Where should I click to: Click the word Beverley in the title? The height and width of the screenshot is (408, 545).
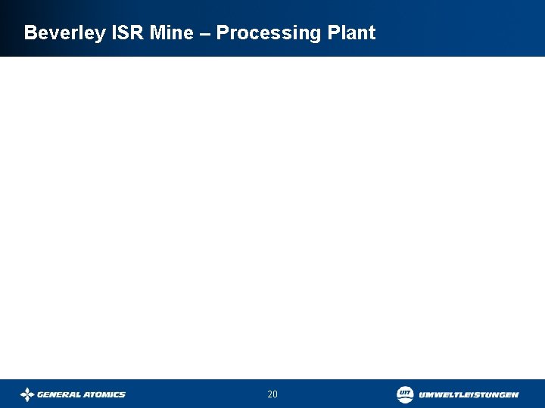click(64, 33)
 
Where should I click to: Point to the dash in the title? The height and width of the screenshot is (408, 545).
click(206, 34)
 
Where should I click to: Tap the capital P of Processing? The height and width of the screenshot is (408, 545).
click(223, 33)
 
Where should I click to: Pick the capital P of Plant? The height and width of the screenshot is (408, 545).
click(335, 33)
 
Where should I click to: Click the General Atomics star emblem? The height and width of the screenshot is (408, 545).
click(27, 394)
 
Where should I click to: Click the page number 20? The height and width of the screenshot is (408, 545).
click(272, 394)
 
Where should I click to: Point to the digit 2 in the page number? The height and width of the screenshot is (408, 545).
click(269, 394)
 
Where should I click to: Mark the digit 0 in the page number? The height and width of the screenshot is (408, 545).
click(276, 394)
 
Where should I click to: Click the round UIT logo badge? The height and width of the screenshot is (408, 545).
click(405, 394)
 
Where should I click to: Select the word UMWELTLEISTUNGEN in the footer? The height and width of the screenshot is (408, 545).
click(469, 394)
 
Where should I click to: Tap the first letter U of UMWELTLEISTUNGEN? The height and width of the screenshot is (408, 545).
click(422, 394)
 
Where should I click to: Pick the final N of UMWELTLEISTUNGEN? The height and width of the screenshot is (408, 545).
click(515, 394)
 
